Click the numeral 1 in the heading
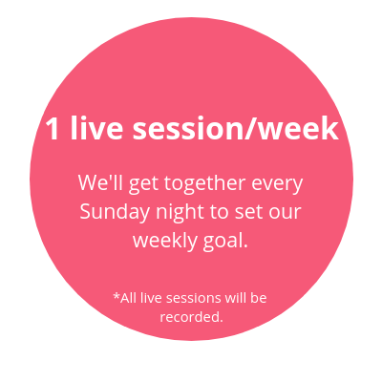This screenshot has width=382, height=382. [x=52, y=128]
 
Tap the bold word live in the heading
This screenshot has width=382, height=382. [x=96, y=127]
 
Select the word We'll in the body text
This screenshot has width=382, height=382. [x=100, y=182]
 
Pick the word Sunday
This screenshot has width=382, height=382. [x=115, y=213]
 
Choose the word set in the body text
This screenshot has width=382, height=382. [x=245, y=212]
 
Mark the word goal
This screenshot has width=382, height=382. [x=225, y=242]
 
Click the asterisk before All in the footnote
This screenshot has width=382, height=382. [x=117, y=296]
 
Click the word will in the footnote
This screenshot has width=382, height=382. [x=235, y=298]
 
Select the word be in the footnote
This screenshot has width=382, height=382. [x=258, y=298]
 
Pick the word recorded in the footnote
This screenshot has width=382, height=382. [x=191, y=317]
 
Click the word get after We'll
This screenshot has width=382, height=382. [x=143, y=185]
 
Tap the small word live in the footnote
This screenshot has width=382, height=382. [x=152, y=298]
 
